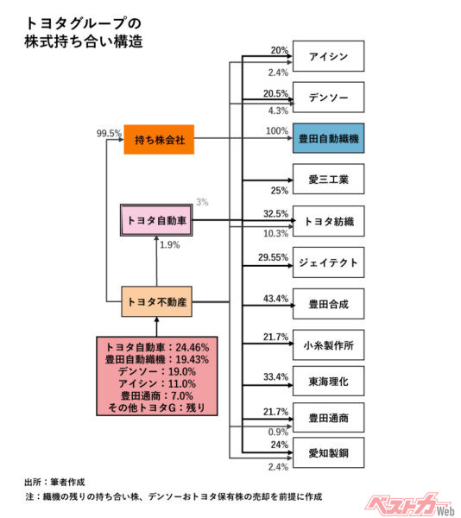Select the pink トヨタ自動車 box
pyautogui.click(x=156, y=222)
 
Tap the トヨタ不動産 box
pyautogui.click(x=156, y=302)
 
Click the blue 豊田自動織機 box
pyautogui.click(x=328, y=138)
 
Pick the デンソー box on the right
pyautogui.click(x=328, y=98)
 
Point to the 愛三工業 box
pyautogui.click(x=328, y=180)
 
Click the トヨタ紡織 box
pyautogui.click(x=328, y=221)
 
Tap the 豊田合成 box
pyautogui.click(x=328, y=304)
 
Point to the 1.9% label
pyautogui.click(x=170, y=246)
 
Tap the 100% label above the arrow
pyautogui.click(x=276, y=131)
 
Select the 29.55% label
pyautogui.click(x=273, y=256)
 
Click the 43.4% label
pyautogui.click(x=275, y=298)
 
